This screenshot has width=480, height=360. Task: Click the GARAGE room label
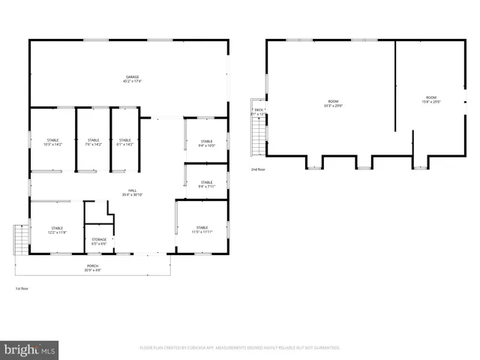pos(133,79)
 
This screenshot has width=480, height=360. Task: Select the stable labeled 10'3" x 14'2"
pos(53,142)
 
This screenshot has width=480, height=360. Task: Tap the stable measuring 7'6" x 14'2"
pos(94,142)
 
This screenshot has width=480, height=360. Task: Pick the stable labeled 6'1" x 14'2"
pos(124,142)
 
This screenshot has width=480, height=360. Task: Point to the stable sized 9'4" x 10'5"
pos(206,143)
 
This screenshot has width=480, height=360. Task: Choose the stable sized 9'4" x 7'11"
pos(206,184)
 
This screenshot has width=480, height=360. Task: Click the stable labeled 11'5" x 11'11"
pos(202,229)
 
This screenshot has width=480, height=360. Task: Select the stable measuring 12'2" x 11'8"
pos(58,230)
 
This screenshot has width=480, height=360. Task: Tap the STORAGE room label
pos(99,241)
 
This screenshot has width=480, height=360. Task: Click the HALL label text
pos(133,193)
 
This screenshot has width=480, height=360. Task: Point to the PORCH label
pos(93,267)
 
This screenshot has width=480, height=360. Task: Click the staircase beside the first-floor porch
pos(21,239)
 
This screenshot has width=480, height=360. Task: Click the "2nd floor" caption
pos(258,169)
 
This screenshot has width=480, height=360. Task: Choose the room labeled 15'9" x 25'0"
pos(431,100)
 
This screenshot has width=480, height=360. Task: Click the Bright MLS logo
pos(29,349)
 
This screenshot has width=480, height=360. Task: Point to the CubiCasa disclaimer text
pos(240,348)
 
